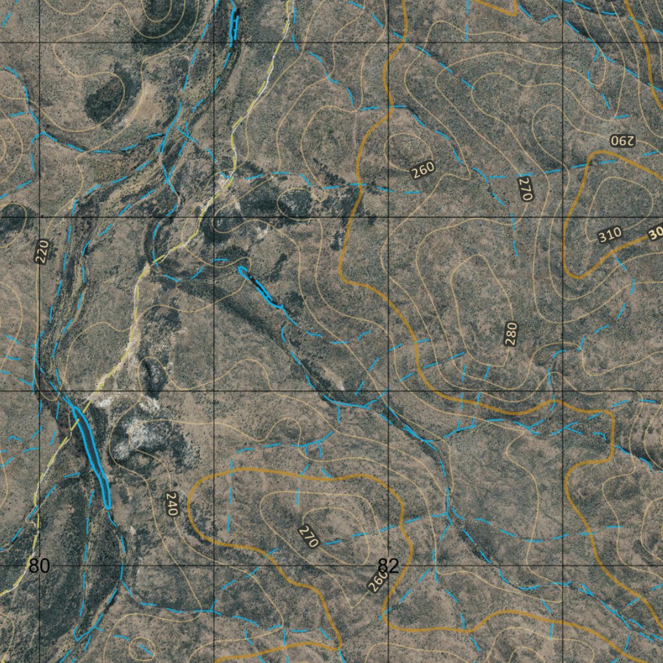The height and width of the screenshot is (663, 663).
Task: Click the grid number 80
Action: coord(39,566)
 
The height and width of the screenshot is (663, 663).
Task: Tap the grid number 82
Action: coord(388,566)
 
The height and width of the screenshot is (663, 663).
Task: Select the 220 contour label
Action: coord(42,251)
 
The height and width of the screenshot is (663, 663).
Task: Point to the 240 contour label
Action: coord(171,504)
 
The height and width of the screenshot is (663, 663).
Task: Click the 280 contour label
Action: coord(511,333)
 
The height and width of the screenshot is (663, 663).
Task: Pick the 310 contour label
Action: coord(610,234)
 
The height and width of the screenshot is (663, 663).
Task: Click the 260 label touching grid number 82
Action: coord(377,580)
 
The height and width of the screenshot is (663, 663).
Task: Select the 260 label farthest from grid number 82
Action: coord(423,170)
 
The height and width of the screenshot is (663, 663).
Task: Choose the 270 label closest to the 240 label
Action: coord(309,536)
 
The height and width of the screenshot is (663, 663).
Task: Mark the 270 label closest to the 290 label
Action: coord(525,188)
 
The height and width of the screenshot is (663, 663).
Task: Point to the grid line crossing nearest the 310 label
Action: coord(562,217)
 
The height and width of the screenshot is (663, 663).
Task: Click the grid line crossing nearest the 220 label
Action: coord(40,217)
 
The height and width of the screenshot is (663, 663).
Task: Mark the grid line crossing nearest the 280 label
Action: coord(562,391)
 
